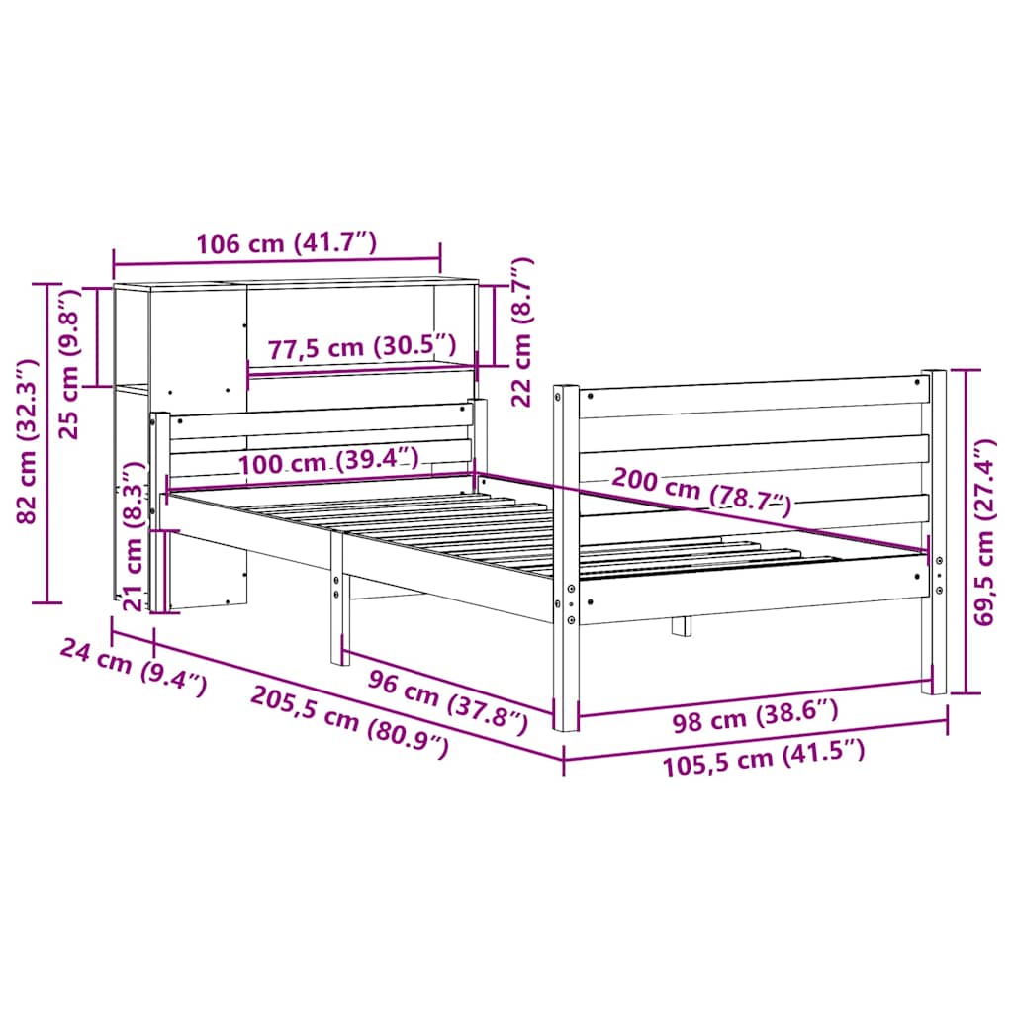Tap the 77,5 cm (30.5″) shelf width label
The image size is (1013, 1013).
[362, 346]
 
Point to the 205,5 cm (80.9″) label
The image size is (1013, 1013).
[349, 721]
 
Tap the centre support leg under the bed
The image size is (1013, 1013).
[682, 626]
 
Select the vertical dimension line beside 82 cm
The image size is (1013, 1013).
[46, 442]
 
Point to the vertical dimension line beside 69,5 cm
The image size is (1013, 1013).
[967, 530]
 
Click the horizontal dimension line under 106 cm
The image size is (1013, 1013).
[277, 264]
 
